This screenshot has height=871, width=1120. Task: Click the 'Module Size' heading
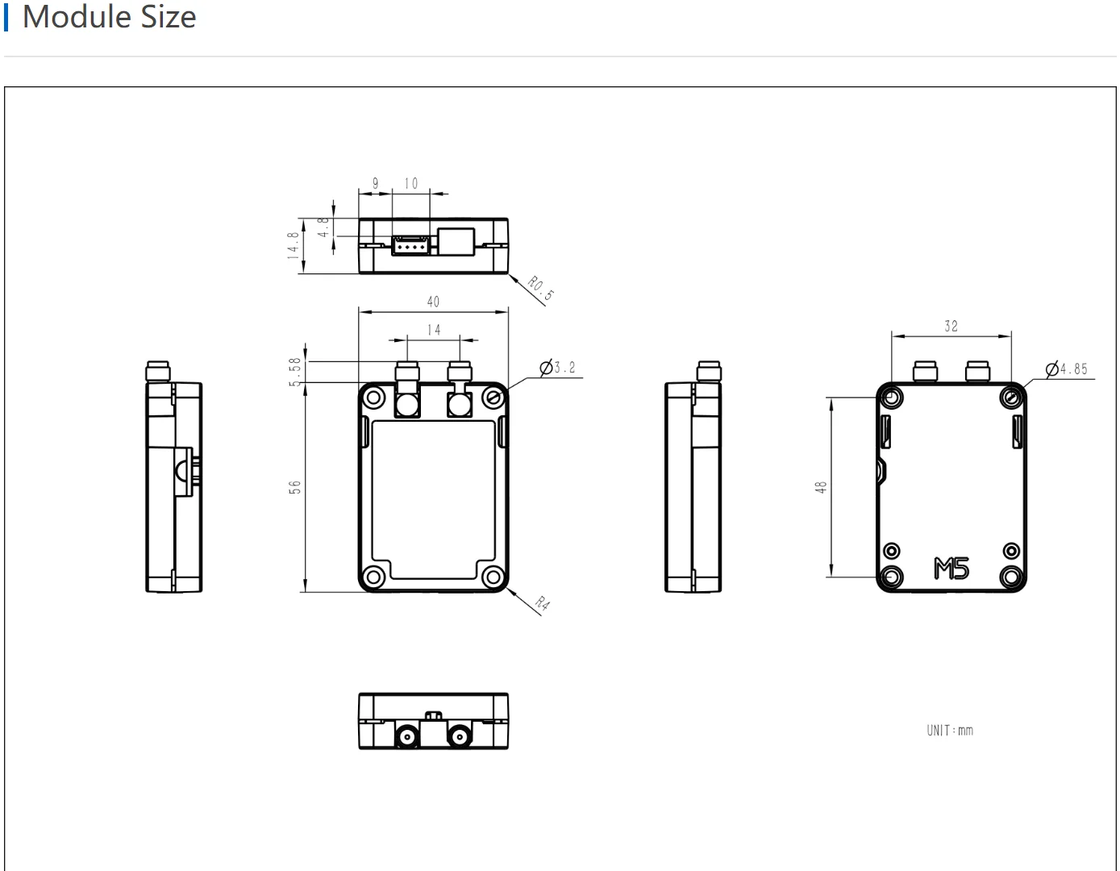coord(110,16)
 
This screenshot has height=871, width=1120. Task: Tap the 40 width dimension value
coord(433,302)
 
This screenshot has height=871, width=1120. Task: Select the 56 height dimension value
coord(294,487)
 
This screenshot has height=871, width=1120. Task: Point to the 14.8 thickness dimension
coord(293,245)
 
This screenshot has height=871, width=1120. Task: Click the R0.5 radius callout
coord(541,288)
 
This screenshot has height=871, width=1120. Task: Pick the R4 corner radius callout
coord(542,602)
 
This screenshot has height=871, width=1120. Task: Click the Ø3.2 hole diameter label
coord(557,368)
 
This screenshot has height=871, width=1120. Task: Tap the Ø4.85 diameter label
coord(1067,369)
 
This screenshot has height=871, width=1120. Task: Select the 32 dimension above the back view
coord(951,326)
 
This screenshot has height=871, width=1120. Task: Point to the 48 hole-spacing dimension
coord(821,487)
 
